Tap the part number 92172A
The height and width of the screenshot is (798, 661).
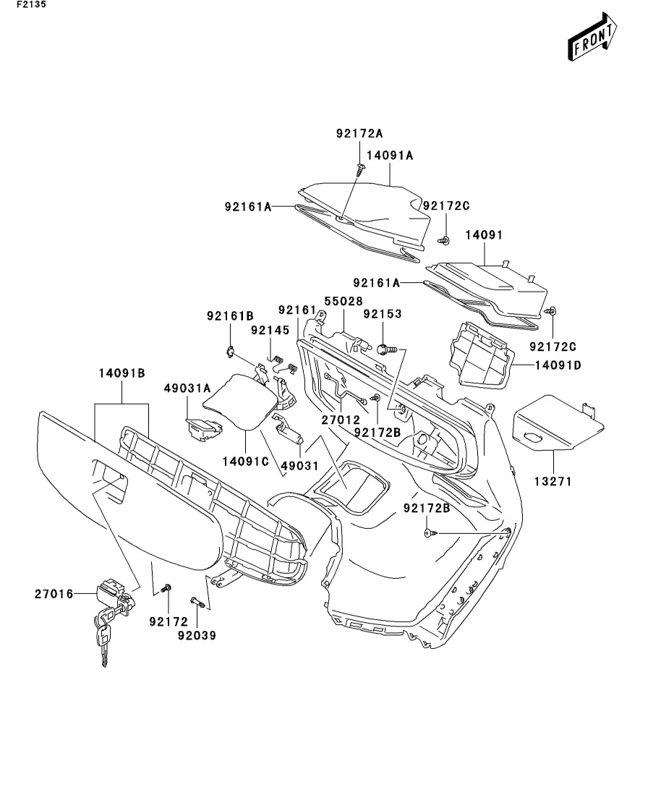pos(359,134)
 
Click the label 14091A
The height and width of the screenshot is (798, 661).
pos(390,155)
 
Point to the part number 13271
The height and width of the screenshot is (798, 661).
pos(553,480)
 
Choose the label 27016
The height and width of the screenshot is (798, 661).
pos(54,594)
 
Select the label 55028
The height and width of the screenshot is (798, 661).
pos(343,300)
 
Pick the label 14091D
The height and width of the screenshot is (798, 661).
pos(558,365)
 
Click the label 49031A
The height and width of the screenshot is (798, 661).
pos(187,389)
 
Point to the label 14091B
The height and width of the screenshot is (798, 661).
pos(121,373)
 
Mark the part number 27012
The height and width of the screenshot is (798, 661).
pos(341,419)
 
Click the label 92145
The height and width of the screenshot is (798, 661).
pos(270,330)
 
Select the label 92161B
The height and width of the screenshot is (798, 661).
pos(230,315)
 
